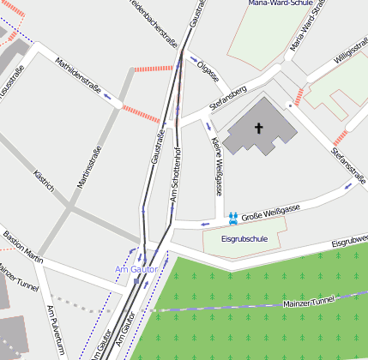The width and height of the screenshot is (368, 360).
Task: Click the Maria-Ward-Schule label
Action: [x=279, y=3]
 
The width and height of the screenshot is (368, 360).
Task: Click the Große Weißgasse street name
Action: [x=269, y=212]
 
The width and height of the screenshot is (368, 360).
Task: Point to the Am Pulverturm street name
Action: [x=56, y=331]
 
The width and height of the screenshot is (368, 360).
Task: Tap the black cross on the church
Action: [x=259, y=128]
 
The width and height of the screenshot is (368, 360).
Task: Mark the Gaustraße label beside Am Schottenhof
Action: [x=158, y=147]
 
